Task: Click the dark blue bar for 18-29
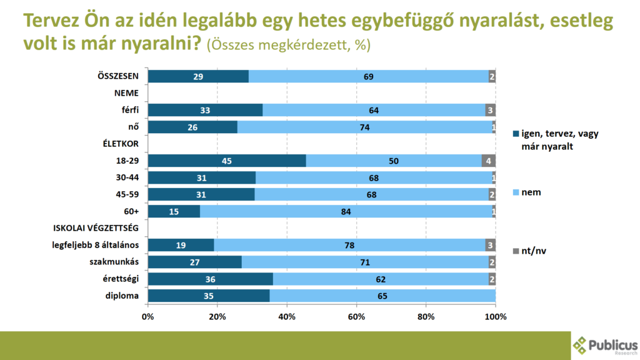(227, 161)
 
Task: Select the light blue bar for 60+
(346, 212)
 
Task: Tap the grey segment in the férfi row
(490, 111)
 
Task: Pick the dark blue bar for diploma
(209, 296)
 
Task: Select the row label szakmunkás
(118, 262)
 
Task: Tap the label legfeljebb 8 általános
(94, 245)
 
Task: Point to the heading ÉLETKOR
(120, 144)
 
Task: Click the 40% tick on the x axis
(287, 316)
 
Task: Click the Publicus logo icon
(581, 345)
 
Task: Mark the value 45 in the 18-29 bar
(227, 161)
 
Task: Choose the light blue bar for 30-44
(374, 178)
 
